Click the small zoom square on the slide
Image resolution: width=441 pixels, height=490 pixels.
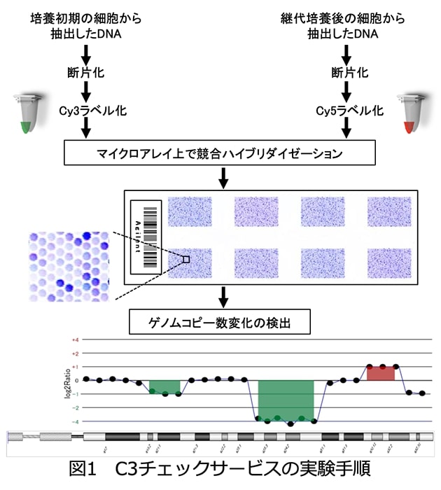click(x=186, y=259)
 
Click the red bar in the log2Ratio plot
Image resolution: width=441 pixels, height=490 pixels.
click(x=381, y=372)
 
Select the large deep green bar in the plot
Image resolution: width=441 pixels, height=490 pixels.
click(x=286, y=400)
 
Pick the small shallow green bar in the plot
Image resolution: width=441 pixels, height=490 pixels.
click(x=164, y=386)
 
